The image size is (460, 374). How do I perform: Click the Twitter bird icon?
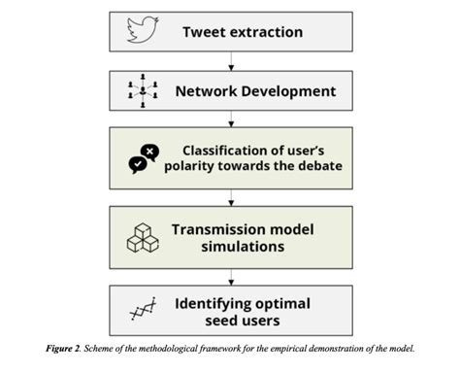143,31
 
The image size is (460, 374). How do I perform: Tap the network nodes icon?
143,92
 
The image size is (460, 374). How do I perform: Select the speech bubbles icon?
144,158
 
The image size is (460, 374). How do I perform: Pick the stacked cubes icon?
143,239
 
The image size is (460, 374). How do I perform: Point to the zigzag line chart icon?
143,311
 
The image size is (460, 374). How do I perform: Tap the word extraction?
267,32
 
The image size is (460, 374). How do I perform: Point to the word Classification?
228,150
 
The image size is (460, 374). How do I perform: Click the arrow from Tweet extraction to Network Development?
230,62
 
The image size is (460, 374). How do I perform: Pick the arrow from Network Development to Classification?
230,122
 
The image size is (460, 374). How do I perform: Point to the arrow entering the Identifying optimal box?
230,278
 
